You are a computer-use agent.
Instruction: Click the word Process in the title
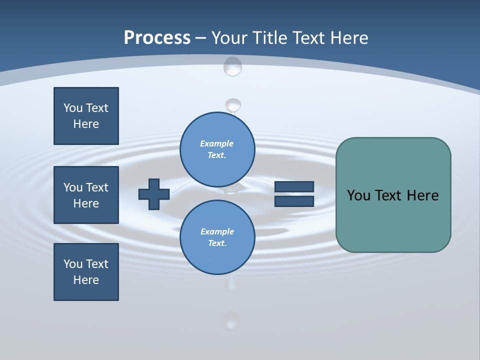pyautogui.click(x=157, y=37)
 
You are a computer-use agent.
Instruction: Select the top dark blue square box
pyautogui.click(x=86, y=116)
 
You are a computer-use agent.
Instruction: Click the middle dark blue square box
pyautogui.click(x=86, y=195)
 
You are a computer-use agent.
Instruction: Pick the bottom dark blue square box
pyautogui.click(x=86, y=272)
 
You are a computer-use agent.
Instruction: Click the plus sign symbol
pyautogui.click(x=154, y=194)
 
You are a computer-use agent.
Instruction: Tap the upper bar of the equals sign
pyautogui.click(x=294, y=186)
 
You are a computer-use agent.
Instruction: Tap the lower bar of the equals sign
pyautogui.click(x=294, y=201)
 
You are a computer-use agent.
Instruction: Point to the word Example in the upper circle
pyautogui.click(x=217, y=143)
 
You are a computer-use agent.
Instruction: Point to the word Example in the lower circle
pyautogui.click(x=217, y=231)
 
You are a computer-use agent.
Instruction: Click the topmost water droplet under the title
pyautogui.click(x=232, y=66)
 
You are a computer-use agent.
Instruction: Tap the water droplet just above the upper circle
pyautogui.click(x=232, y=105)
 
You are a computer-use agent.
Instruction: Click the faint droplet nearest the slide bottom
pyautogui.click(x=231, y=320)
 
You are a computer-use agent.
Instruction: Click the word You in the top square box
pyautogui.click(x=72, y=108)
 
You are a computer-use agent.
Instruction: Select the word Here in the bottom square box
pyautogui.click(x=86, y=280)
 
